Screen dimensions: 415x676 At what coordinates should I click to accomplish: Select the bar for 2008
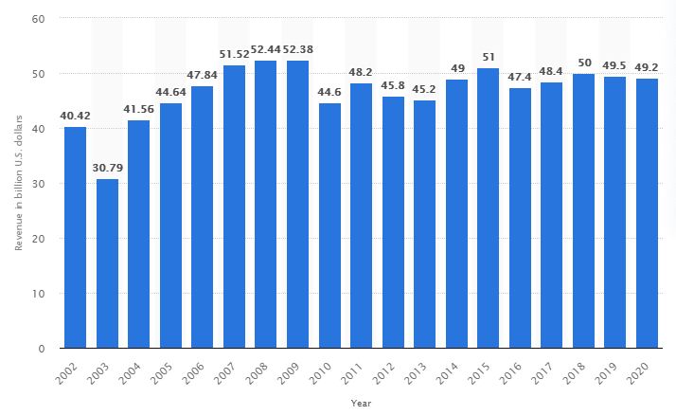(266, 205)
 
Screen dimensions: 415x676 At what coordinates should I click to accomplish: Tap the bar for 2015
(489, 208)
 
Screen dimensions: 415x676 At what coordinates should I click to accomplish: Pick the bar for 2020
(647, 213)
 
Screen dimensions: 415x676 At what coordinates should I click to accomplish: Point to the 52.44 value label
(266, 51)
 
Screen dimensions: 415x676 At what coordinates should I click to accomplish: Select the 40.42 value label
(75, 117)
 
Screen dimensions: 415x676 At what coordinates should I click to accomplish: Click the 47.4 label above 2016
(520, 79)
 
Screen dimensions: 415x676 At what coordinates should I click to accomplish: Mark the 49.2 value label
(647, 68)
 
